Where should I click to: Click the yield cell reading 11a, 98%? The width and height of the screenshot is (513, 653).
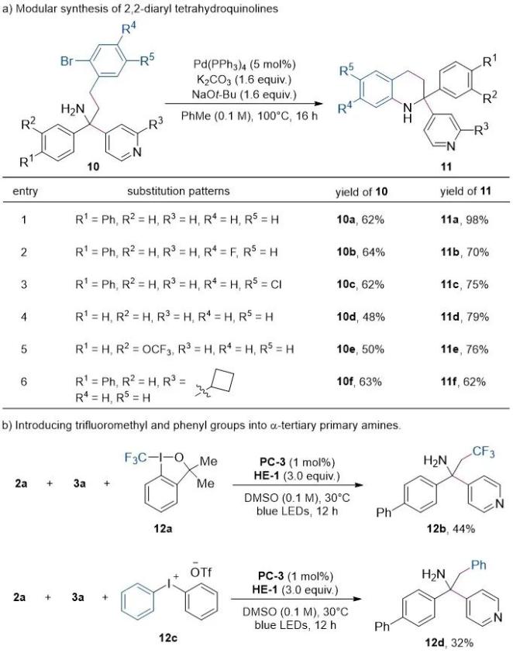464,219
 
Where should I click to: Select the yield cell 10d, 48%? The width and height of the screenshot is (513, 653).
360,317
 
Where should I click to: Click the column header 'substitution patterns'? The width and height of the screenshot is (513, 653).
178,191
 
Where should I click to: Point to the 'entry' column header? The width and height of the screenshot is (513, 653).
25,191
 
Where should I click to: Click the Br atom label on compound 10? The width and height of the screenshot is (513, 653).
67,61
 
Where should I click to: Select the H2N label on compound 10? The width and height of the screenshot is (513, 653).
73,109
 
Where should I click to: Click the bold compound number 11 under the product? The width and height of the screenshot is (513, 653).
446,167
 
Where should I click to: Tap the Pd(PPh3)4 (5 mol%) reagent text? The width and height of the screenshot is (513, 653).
244,64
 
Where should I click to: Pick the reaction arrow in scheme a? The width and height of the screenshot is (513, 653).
244,104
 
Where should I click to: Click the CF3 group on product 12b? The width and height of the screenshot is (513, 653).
484,452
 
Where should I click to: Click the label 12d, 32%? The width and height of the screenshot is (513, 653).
449,643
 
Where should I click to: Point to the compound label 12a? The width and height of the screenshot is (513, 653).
163,529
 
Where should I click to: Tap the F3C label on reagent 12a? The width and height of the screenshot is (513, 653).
136,458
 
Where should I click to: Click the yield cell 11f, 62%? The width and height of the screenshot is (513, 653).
463,381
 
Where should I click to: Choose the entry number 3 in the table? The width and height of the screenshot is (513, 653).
24,284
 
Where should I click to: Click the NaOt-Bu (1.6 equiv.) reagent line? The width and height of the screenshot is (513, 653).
244,95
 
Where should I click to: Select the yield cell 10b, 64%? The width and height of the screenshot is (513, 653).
360,252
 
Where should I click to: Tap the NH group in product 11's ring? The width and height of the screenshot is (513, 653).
408,112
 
